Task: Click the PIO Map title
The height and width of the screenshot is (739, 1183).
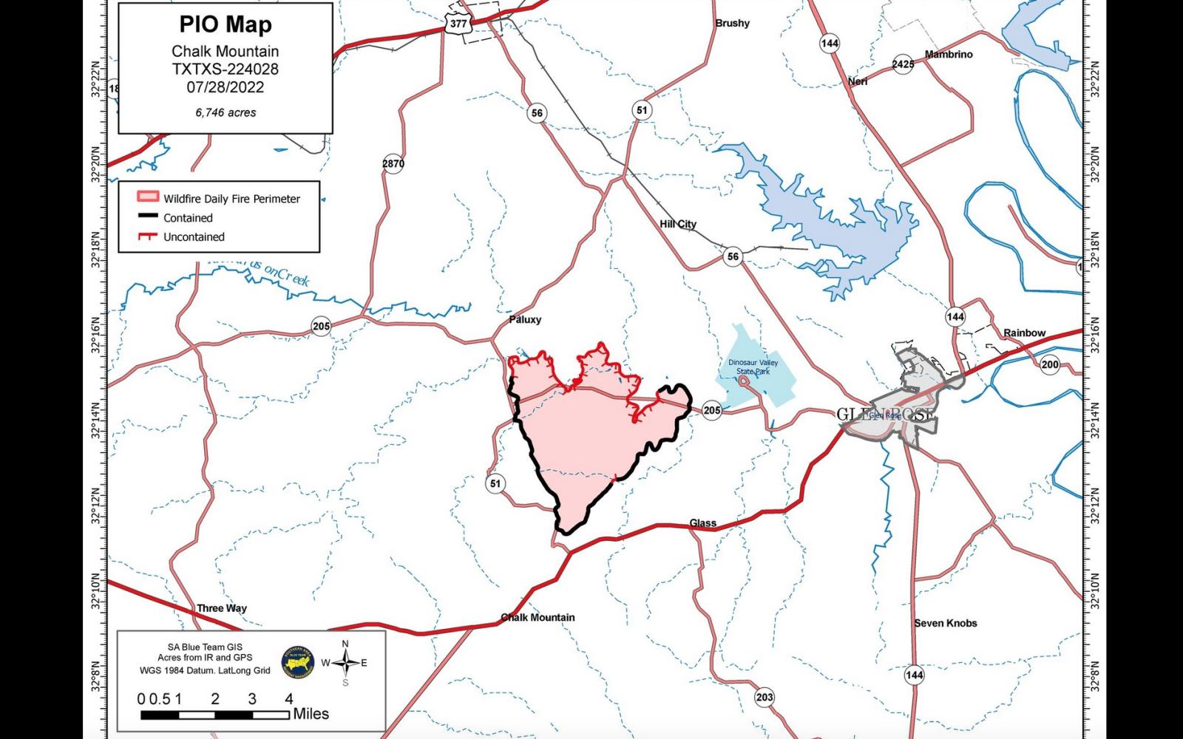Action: pos(226,24)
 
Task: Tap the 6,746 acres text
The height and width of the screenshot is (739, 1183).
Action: pos(226,112)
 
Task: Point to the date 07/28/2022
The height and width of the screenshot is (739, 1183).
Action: pos(226,87)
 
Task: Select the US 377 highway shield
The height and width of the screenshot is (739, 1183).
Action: pos(458,23)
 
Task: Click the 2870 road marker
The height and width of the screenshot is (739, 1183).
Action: pos(393,163)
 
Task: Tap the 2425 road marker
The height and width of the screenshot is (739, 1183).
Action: pos(903,64)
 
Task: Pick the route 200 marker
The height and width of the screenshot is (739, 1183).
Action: pos(1049,364)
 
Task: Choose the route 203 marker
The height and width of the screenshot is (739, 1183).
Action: pos(765,698)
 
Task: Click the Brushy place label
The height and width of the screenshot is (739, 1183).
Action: pos(732,24)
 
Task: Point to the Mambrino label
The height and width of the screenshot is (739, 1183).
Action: pos(949,55)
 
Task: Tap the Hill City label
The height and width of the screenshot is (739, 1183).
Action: pos(678,224)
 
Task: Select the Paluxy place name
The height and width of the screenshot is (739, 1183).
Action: pos(525,320)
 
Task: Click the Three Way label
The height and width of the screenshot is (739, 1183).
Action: pos(222,608)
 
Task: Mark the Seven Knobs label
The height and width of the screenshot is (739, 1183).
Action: pos(945,623)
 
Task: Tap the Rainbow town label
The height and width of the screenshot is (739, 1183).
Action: pos(1024,333)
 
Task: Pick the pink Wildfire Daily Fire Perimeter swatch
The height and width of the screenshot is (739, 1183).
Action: pos(147,198)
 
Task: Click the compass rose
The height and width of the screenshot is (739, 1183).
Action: pos(345,662)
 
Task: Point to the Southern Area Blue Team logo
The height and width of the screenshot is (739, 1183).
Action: pos(298,662)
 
